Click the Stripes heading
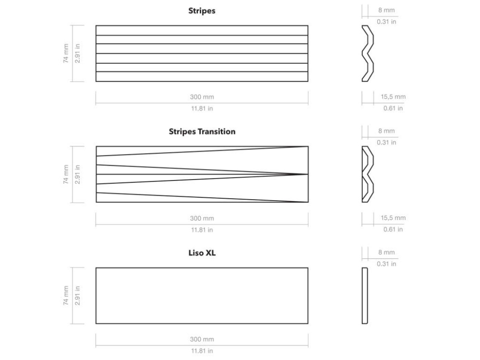[202, 11]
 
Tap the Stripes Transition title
[202, 132]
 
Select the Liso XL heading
[202, 253]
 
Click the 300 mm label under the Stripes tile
[202, 97]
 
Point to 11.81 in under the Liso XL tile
[202, 351]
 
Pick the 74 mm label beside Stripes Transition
[66, 174]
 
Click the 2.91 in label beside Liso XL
[77, 295]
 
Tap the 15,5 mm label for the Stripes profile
[393, 97]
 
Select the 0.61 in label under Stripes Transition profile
[393, 229]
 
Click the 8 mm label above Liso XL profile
[386, 252]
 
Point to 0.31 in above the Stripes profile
[386, 22]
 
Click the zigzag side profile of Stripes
[367, 53]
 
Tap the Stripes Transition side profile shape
[367, 174]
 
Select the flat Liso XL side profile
[364, 295]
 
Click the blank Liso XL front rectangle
[202, 295]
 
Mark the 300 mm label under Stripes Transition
[202, 218]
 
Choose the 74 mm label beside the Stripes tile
[66, 53]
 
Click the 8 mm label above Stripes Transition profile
[386, 131]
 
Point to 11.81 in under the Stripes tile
[202, 108]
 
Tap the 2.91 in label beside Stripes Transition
[77, 174]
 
